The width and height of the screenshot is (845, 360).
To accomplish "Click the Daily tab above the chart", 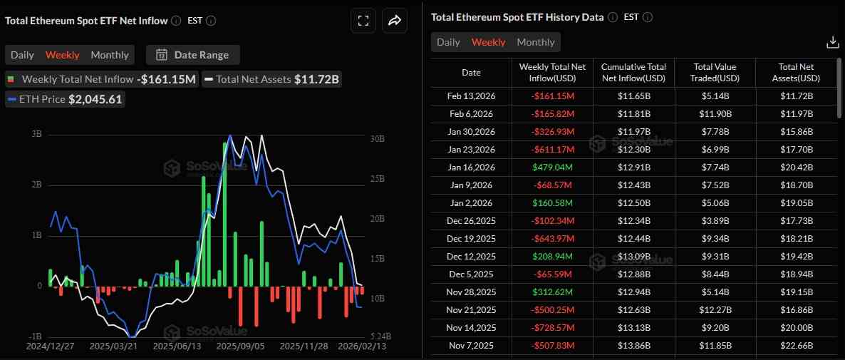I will [x=22, y=55].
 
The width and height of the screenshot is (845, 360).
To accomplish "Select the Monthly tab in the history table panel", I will [x=535, y=42].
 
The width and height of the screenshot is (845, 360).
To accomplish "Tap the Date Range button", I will [x=193, y=55].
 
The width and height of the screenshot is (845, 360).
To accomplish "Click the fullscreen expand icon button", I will [x=363, y=21].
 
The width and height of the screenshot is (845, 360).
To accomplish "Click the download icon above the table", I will [x=832, y=43].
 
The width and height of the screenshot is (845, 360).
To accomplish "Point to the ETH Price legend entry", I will [x=66, y=99].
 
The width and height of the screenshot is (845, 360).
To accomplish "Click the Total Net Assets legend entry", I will [x=271, y=79].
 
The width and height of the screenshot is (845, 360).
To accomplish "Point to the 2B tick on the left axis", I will [x=36, y=185].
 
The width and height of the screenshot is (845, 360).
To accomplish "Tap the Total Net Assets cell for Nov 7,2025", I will [x=796, y=346].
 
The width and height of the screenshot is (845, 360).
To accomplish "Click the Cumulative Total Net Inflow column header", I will [x=633, y=72].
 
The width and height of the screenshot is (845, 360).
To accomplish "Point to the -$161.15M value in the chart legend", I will [x=166, y=79].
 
